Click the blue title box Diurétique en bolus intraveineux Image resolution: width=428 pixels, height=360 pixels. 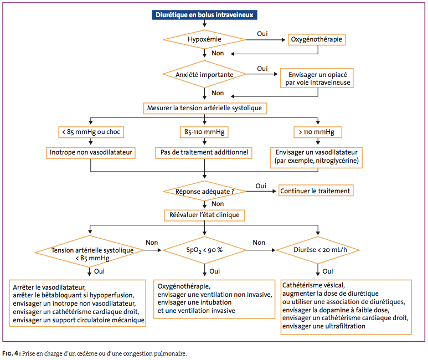[204, 15]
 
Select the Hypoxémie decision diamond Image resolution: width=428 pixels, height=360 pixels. [204, 39]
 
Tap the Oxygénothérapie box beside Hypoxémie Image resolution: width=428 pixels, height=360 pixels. [317, 39]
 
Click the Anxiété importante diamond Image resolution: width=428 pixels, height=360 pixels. [204, 74]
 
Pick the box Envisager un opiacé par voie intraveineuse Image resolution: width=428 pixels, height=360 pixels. [317, 78]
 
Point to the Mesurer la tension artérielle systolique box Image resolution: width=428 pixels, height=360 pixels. [205, 108]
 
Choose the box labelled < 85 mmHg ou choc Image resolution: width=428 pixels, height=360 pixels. [91, 132]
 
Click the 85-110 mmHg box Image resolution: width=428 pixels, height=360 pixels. [204, 132]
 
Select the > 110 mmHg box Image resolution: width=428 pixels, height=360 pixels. [318, 132]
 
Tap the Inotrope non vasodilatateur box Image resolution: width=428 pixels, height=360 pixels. [91, 153]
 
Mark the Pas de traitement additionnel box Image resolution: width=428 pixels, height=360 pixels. [204, 153]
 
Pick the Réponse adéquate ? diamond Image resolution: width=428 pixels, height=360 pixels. [204, 191]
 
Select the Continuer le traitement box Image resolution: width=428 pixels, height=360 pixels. [316, 191]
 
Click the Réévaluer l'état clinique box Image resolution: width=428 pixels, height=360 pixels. [204, 215]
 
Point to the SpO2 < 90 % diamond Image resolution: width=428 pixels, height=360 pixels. [204, 250]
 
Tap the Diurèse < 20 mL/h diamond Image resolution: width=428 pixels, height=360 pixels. [318, 250]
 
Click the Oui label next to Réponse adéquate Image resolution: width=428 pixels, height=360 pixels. [261, 186]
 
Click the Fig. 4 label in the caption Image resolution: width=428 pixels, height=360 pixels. [12, 353]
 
